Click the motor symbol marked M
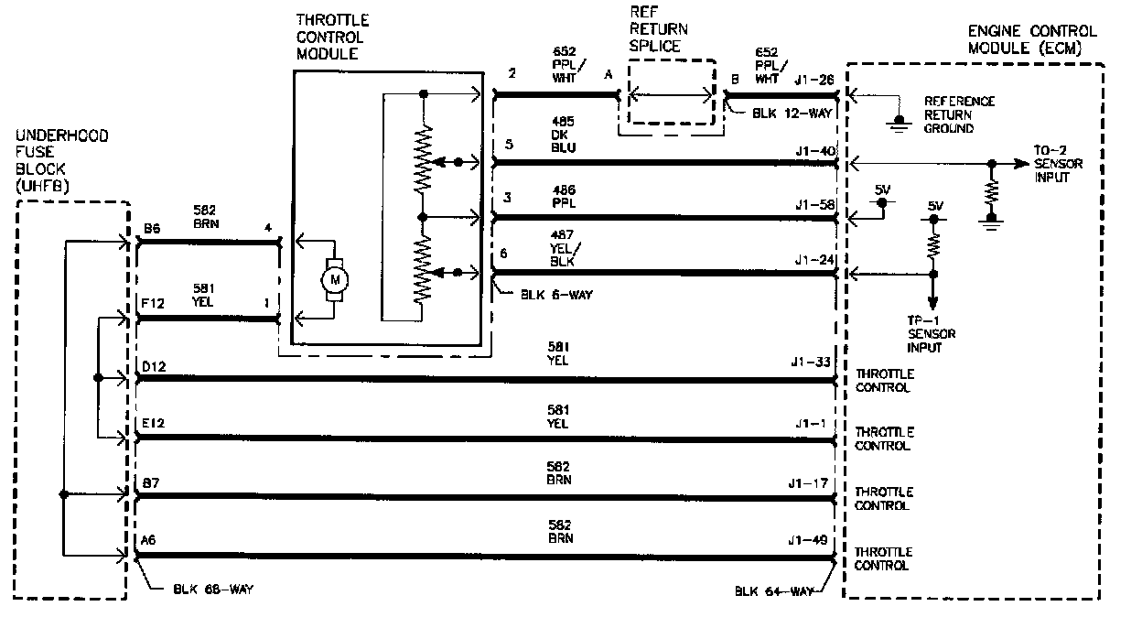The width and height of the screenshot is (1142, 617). point(333,277)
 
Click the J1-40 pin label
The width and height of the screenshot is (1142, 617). point(815,151)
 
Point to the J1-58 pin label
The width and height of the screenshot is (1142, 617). point(815,205)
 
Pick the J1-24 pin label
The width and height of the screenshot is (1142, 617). point(815,260)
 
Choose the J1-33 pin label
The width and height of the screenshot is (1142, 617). point(812,363)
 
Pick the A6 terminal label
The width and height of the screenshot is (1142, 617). point(149,541)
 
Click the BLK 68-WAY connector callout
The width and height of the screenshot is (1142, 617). point(212,590)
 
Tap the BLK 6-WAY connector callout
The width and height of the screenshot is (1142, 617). point(547,295)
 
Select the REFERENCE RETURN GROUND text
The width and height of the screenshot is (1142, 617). point(959,115)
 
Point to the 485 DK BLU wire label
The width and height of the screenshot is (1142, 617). point(564,134)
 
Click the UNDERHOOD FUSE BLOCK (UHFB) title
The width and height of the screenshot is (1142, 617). point(62,161)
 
